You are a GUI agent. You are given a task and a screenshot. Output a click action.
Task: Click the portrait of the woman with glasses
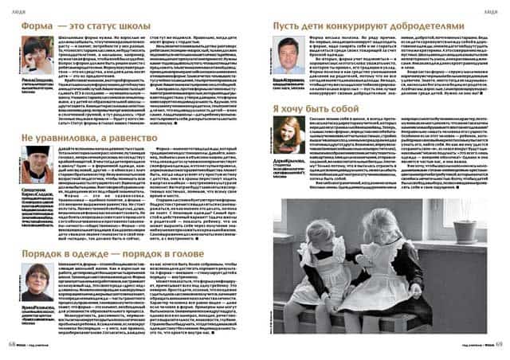pos(37,279)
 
